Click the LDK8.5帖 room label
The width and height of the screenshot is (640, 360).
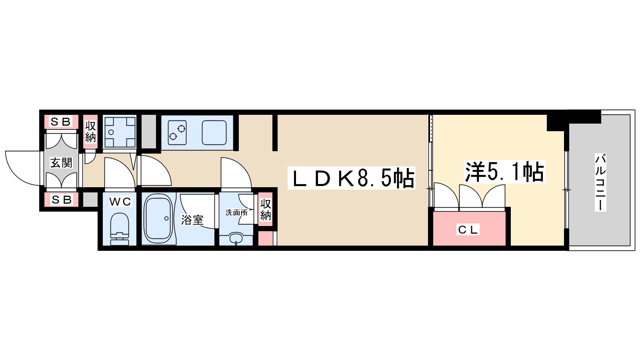pyautogui.click(x=352, y=178)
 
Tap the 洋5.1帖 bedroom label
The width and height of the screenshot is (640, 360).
pyautogui.click(x=504, y=172)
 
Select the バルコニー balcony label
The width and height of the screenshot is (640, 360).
pyautogui.click(x=600, y=182)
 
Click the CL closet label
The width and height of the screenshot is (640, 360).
pyautogui.click(x=468, y=230)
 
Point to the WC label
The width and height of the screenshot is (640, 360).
pyautogui.click(x=120, y=202)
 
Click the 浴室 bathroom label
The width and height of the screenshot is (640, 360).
pyautogui.click(x=192, y=220)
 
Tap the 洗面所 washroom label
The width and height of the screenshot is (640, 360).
pyautogui.click(x=236, y=212)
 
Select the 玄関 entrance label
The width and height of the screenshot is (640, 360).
pyautogui.click(x=61, y=163)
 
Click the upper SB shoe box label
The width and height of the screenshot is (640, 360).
pyautogui.click(x=61, y=122)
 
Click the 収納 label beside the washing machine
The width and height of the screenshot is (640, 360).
pyautogui.click(x=91, y=132)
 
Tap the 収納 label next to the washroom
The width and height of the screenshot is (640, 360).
pyautogui.click(x=266, y=210)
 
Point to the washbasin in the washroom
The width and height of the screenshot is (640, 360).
pyautogui.click(x=236, y=238)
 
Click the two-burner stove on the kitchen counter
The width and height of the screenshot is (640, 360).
pyautogui.click(x=177, y=132)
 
